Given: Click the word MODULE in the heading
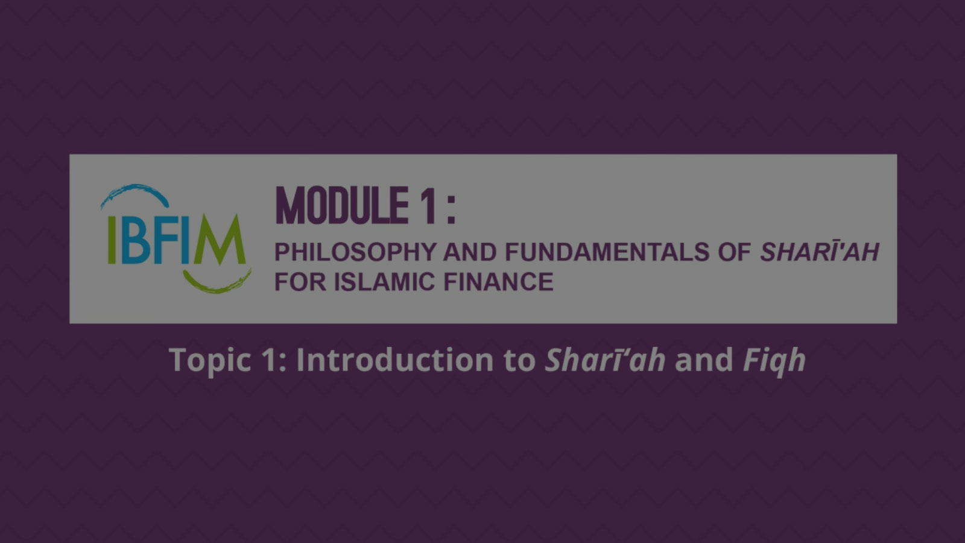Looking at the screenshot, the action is point(341,206).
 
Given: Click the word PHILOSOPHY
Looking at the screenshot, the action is point(356,252).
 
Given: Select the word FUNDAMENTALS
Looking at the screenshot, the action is point(607,252).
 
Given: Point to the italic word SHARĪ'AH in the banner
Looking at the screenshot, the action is point(820,252).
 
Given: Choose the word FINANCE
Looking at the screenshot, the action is point(498,282).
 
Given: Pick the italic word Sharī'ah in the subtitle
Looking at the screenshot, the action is point(606,360).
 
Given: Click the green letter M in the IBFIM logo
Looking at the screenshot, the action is point(220,240).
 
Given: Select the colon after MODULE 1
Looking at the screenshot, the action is point(451,210).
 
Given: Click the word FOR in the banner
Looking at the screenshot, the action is point(300,282).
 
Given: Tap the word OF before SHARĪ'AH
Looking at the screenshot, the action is point(734,252).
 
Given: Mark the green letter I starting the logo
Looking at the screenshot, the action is point(112,240).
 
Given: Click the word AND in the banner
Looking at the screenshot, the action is point(470,252).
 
